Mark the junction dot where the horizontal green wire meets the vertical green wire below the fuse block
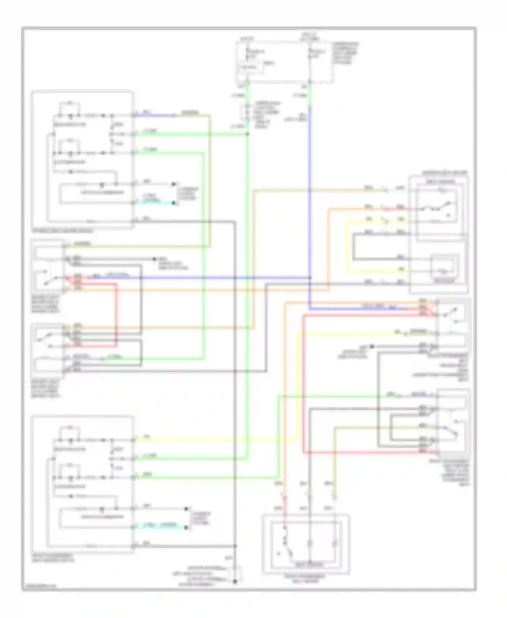point(247,134)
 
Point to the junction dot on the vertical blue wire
point(310,278)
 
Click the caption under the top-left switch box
point(63,231)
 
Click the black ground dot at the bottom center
point(235,582)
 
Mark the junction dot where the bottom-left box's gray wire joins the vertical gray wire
point(235,546)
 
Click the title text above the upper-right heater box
point(444,173)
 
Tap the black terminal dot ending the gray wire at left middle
point(154,259)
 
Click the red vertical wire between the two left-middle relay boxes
point(117,314)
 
